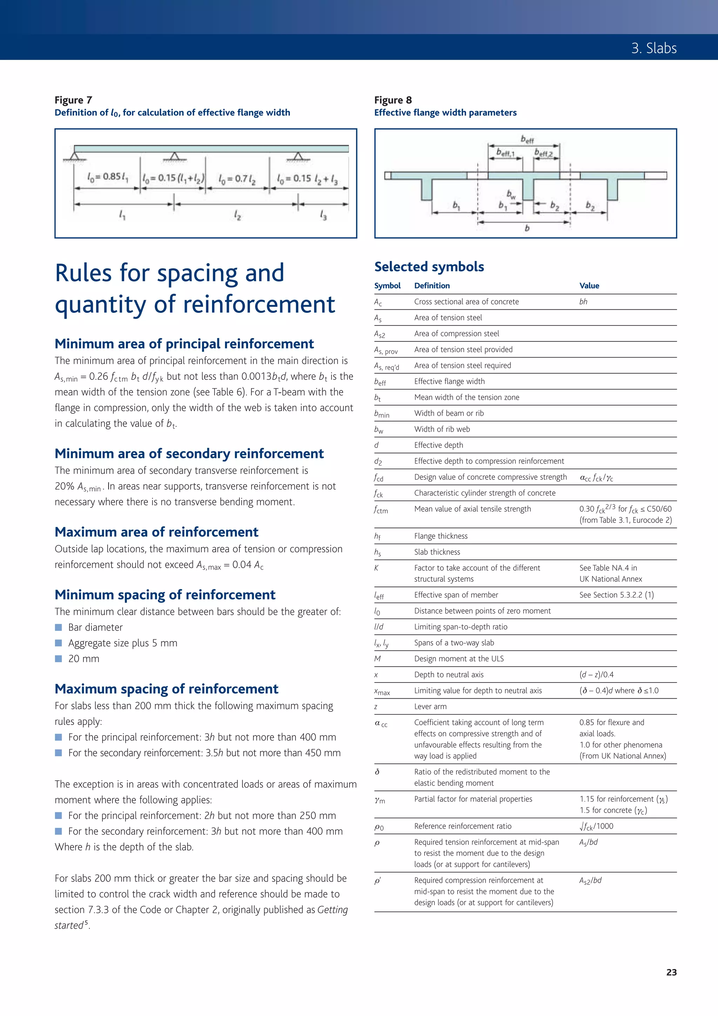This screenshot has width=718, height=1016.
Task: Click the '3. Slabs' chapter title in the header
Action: coord(653,48)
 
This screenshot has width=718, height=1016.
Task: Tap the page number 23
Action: coord(671,972)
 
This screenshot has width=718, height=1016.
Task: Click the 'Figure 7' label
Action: coord(73,100)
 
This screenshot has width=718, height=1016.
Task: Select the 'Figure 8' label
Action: coord(393,100)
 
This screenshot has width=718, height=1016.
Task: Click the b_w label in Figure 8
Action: coord(511,194)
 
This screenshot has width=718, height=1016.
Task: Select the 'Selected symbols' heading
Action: coord(429,267)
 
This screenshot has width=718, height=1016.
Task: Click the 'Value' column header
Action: coord(589,286)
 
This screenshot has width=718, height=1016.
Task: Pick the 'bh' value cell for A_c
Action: coord(583,302)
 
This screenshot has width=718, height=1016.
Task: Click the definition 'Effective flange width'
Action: coord(449,382)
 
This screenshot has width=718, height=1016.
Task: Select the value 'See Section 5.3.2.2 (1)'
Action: coord(616,595)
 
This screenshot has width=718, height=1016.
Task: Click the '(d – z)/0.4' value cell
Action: coord(596,675)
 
